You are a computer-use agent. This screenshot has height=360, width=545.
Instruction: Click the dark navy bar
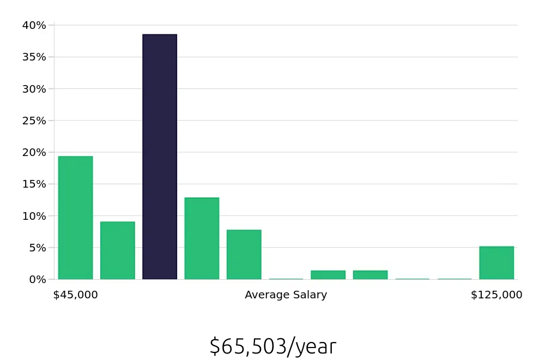[x=160, y=157]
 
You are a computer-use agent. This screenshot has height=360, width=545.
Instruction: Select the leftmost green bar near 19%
[x=75, y=218]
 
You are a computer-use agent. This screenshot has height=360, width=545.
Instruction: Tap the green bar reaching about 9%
[x=118, y=250]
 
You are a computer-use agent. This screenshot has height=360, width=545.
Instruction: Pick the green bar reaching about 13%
[x=202, y=238]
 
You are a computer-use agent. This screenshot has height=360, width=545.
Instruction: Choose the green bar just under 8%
[x=244, y=254]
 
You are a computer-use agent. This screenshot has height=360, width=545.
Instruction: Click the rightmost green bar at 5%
[x=496, y=263]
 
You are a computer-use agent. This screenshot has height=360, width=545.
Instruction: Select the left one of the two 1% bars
[x=328, y=275]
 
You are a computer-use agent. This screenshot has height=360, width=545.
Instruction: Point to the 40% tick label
[x=34, y=25]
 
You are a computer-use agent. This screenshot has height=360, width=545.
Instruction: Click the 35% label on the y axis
[x=34, y=57]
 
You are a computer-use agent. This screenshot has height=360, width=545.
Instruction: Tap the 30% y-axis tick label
[x=34, y=89]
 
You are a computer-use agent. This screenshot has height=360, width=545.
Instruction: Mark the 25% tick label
[x=34, y=121]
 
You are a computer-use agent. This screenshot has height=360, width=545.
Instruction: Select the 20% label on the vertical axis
[x=34, y=152]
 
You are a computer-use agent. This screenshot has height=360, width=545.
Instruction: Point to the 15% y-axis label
[x=34, y=184]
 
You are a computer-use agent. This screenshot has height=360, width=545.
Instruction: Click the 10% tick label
[x=34, y=216]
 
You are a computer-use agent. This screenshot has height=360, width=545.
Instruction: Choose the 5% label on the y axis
[x=37, y=248]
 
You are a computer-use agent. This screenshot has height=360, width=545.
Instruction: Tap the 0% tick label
[x=37, y=279]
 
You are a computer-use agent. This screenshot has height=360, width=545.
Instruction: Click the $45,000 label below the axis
[x=75, y=295]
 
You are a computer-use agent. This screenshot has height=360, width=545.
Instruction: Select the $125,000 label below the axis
[x=496, y=295]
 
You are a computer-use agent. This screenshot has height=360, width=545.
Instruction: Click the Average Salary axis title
[x=286, y=295]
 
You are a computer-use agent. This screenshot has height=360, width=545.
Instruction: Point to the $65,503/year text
[x=272, y=346]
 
